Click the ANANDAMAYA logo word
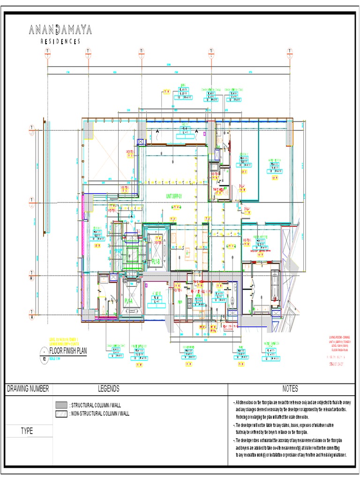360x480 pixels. point(60,30)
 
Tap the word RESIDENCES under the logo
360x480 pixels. point(60,41)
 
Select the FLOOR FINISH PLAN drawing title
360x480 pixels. point(71,350)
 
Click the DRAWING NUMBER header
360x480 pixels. point(28,389)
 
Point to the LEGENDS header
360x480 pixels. point(108,389)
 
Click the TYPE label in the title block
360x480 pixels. point(26,431)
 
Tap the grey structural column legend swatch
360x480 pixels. point(61,405)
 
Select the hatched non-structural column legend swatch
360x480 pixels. point(61,413)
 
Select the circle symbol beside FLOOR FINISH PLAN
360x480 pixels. point(45,351)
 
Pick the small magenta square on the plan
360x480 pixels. point(205,134)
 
